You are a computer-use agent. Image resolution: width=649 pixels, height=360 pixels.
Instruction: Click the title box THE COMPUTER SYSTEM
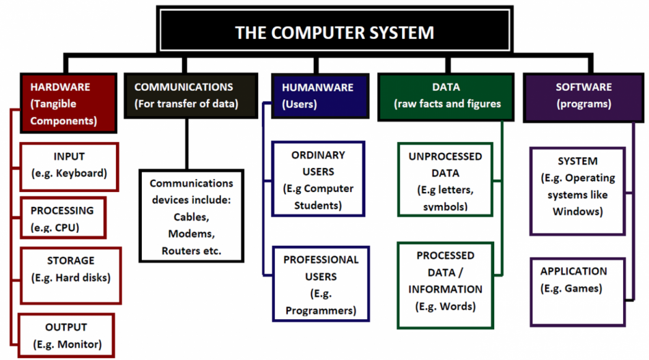click(x=335, y=30)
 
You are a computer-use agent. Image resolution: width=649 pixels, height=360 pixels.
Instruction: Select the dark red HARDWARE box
click(x=69, y=103)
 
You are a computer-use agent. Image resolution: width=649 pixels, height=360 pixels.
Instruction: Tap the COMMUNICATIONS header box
click(x=191, y=95)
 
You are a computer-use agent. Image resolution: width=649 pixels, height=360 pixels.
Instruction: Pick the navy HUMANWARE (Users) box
click(x=320, y=96)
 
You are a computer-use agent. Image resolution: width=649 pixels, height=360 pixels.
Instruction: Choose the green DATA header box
click(x=446, y=97)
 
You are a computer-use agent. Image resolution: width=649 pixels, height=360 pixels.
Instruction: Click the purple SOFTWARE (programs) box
click(x=583, y=97)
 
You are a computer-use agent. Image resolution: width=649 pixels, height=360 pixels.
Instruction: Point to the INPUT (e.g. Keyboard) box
click(x=69, y=167)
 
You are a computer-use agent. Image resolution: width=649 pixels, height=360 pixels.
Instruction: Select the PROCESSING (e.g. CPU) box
click(x=63, y=218)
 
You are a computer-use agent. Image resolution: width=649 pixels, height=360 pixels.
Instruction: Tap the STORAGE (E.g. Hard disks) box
click(x=71, y=276)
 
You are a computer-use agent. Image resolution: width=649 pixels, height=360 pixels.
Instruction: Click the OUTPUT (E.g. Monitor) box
click(x=66, y=336)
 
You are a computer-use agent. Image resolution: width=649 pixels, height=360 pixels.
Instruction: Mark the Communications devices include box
click(x=191, y=216)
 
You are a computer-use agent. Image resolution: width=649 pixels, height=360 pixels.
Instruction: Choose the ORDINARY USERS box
click(x=318, y=178)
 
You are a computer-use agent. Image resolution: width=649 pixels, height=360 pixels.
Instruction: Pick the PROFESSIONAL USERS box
click(x=321, y=284)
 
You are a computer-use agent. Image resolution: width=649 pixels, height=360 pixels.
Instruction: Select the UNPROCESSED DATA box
click(x=445, y=180)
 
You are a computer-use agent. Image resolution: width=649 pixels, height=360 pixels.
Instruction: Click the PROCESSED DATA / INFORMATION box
click(x=445, y=286)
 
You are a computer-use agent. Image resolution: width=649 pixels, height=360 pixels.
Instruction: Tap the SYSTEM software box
click(x=577, y=191)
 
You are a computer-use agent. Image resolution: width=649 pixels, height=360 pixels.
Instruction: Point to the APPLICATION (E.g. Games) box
click(x=577, y=292)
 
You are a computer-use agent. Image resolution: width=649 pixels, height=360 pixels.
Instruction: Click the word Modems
click(x=191, y=234)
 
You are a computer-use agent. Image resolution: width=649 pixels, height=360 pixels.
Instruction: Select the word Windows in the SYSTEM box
click(x=577, y=212)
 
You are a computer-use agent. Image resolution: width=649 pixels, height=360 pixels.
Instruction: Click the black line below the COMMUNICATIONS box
click(x=187, y=144)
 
